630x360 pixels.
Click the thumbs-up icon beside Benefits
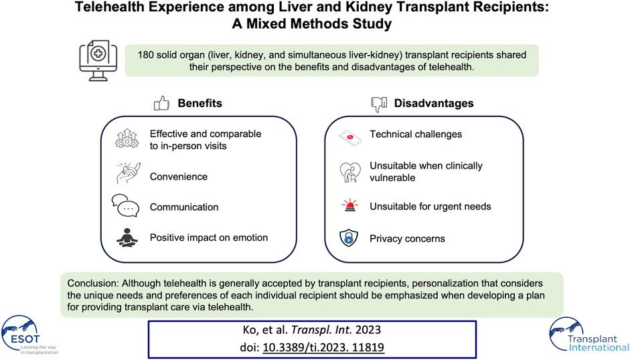point(161,103)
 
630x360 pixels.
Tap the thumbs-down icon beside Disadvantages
point(379,104)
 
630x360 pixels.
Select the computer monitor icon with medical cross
point(98,60)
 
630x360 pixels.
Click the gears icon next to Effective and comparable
point(127,139)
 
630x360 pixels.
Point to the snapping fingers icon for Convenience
point(129,173)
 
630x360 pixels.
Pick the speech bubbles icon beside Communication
point(125,205)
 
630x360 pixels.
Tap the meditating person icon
point(127,237)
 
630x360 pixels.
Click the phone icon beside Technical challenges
point(349,138)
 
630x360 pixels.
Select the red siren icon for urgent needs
point(349,205)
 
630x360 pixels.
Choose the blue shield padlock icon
point(349,238)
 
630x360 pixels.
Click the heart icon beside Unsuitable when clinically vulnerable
point(349,172)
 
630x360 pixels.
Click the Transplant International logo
point(588,335)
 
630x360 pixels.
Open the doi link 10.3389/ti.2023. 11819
point(323,347)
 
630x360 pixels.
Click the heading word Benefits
point(200,103)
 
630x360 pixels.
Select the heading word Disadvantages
point(434,103)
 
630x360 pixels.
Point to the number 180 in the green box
point(146,55)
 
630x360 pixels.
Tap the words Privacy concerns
point(408,239)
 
